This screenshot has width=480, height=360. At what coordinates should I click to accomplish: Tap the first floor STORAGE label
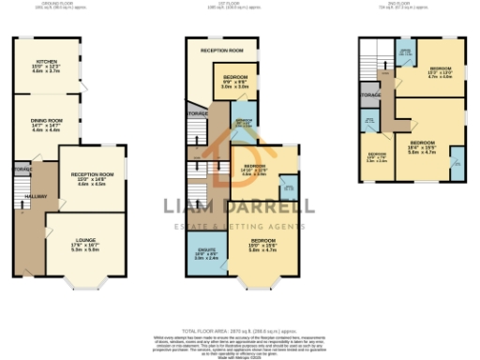coord(196,114)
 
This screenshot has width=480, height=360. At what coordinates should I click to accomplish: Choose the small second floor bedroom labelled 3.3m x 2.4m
coord(377,157)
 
